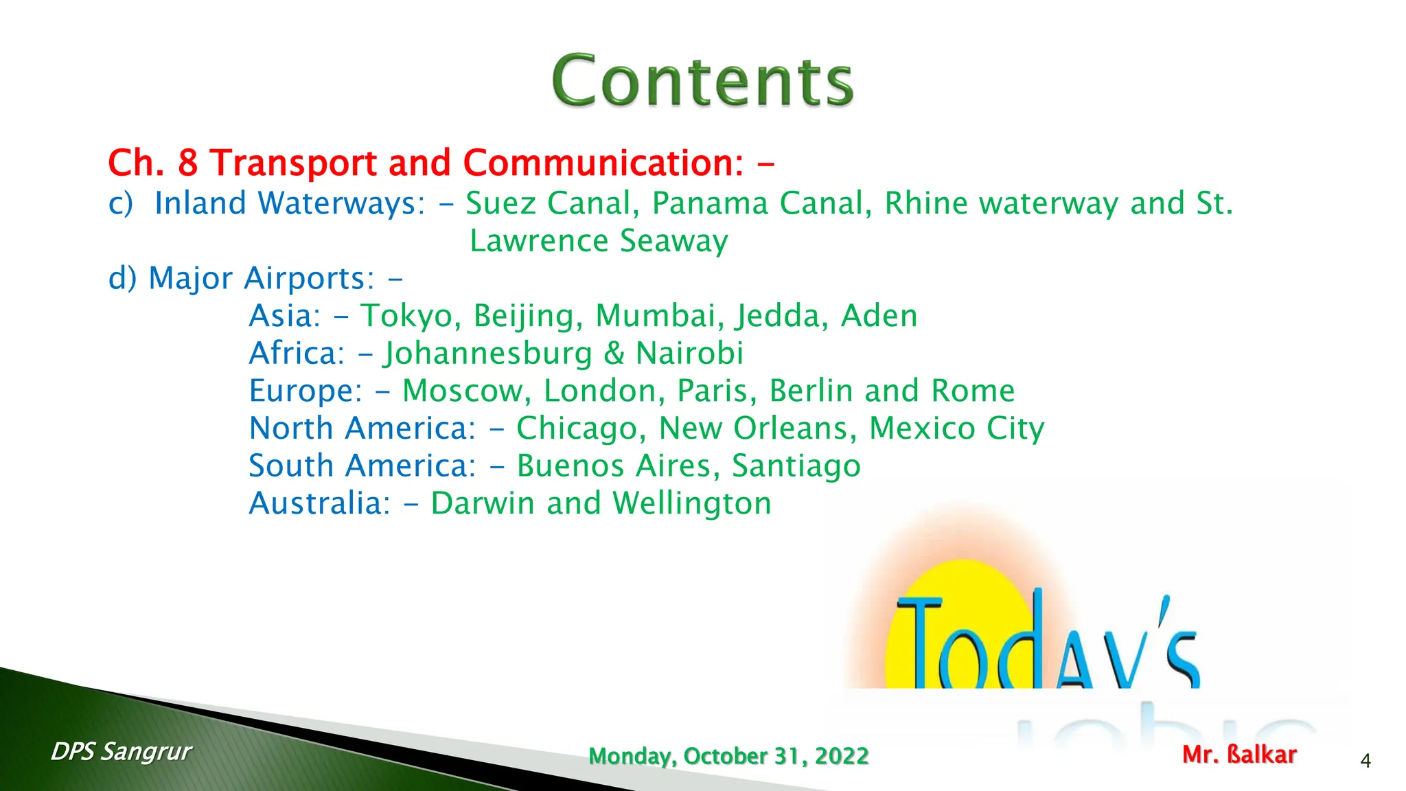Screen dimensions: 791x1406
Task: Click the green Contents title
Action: pyautogui.click(x=702, y=81)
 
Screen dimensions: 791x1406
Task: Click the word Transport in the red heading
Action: pyautogui.click(x=294, y=163)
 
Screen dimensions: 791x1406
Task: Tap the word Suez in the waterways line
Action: pyautogui.click(x=498, y=203)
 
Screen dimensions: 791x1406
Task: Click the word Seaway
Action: pyautogui.click(x=673, y=241)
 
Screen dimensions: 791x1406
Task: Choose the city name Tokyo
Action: pyautogui.click(x=411, y=316)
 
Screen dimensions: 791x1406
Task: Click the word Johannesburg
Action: pyautogui.click(x=487, y=354)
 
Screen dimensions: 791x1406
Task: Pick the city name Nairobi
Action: pyautogui.click(x=689, y=354)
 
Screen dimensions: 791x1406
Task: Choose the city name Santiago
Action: pyautogui.click(x=796, y=466)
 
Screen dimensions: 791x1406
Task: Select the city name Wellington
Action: pyautogui.click(x=692, y=504)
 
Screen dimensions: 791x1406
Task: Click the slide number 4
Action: pyautogui.click(x=1365, y=761)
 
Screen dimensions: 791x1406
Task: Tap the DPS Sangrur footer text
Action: pyautogui.click(x=121, y=752)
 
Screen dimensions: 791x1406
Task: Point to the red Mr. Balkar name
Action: pyautogui.click(x=1239, y=755)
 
